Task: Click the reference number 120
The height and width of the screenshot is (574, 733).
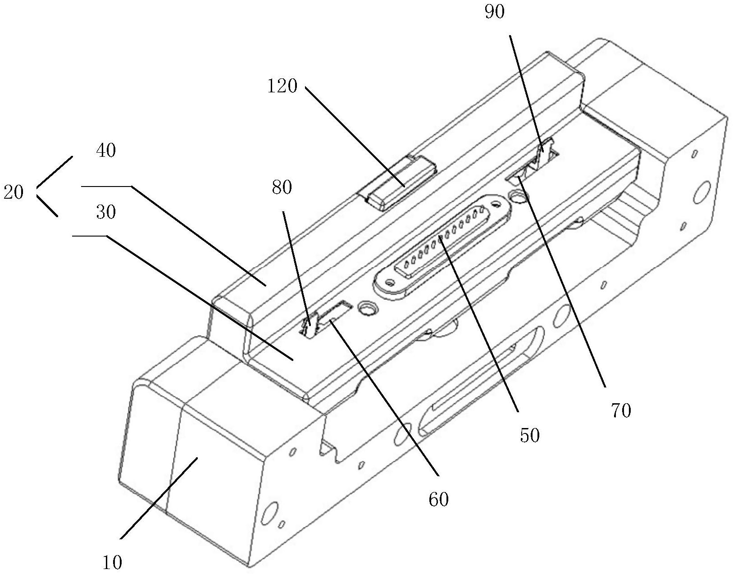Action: tap(282, 86)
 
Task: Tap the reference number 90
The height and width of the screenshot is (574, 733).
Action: tap(495, 12)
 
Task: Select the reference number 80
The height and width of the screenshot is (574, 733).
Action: tap(282, 187)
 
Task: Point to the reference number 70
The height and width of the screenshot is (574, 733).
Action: tap(621, 411)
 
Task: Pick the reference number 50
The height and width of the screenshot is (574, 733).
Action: tap(530, 435)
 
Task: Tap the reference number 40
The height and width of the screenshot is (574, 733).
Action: tap(106, 150)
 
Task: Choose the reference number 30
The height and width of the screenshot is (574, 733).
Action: tap(106, 212)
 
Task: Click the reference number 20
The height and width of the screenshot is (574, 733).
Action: tap(14, 192)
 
